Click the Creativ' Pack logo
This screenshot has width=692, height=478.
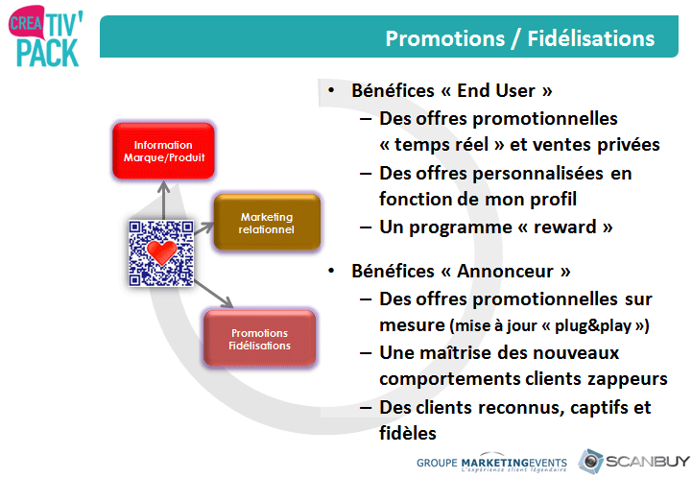pos(45,36)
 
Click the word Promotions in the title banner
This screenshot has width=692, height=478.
pos(445,38)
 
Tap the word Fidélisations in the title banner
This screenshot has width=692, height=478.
pos(591,38)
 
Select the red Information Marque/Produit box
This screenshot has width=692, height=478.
pos(164,151)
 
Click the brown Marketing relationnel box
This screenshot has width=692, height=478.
pos(267,223)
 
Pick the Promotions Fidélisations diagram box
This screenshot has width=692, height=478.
pos(259,339)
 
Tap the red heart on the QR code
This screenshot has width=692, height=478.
pos(161,252)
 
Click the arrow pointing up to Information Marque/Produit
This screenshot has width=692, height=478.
pos(164,201)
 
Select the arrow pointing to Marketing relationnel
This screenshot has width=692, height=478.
pos(203,227)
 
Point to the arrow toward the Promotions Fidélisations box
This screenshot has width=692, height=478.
pos(214,294)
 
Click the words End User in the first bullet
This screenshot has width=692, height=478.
pos(496,90)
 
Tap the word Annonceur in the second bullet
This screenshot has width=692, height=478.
pos(505,271)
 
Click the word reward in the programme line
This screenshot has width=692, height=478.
pos(565,227)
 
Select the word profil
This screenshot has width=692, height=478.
pos(554,200)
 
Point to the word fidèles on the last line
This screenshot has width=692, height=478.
pos(408,434)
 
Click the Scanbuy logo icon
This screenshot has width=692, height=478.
pos(590,462)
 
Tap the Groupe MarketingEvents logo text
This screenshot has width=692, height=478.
pos(491,464)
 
